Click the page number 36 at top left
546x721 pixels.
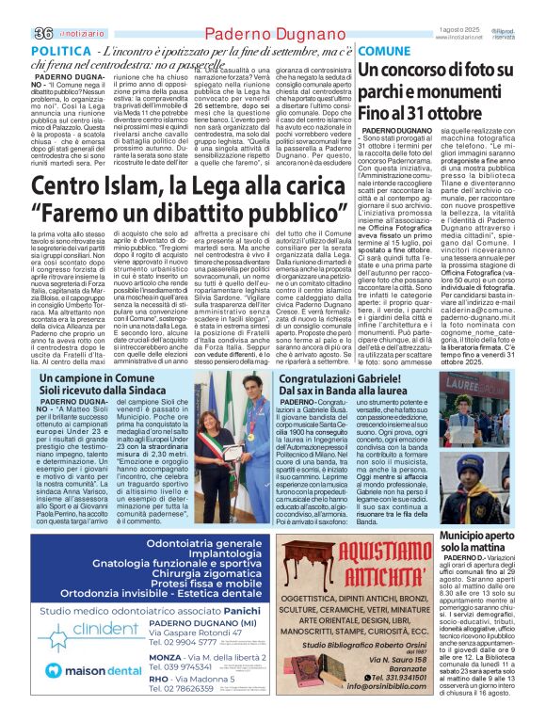[16, 8]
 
